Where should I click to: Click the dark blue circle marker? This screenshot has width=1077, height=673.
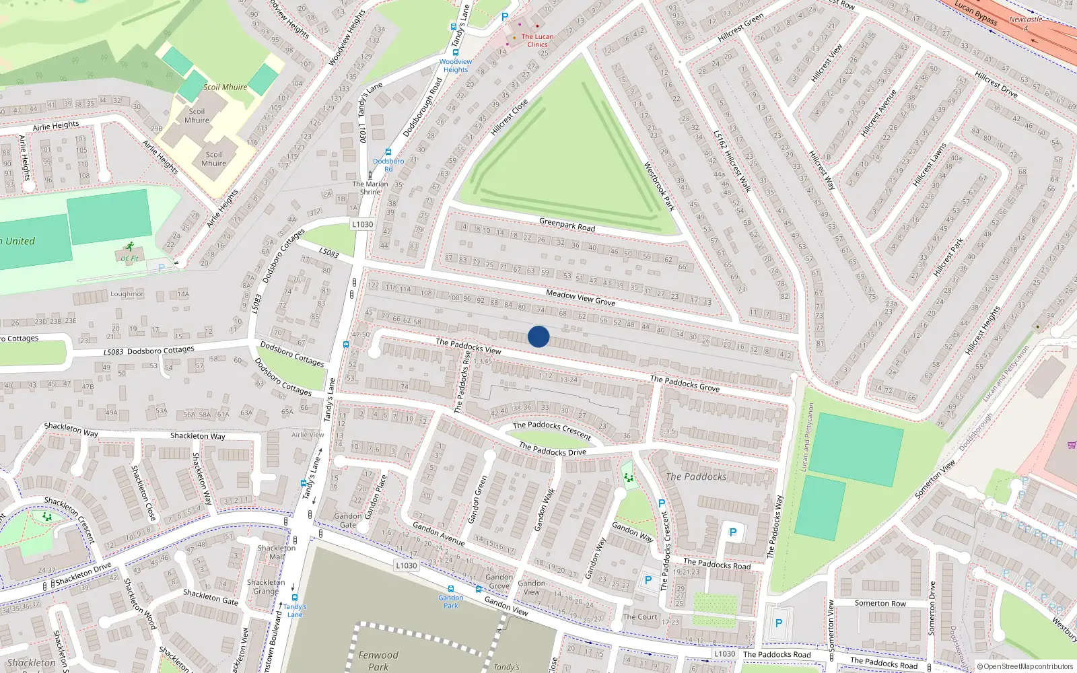538,336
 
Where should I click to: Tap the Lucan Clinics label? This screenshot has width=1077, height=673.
537,41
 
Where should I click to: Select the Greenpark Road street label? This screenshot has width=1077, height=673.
567,225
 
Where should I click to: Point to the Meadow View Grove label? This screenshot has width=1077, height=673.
580,297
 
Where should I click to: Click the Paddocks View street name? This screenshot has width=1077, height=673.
468,346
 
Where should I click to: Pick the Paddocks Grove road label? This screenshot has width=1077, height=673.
685,383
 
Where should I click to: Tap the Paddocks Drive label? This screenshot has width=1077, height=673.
552,449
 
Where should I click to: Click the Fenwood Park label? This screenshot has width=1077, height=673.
378,660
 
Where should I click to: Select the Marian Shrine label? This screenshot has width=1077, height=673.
370,188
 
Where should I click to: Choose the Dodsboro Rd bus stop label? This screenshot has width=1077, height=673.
388,165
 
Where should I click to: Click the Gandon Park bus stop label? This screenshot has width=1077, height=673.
450,601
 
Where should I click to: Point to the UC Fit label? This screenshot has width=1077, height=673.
129,258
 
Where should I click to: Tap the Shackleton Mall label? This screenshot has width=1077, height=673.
277,552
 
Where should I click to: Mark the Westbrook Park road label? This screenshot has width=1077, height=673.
659,186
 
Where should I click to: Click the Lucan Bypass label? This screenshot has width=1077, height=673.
976,13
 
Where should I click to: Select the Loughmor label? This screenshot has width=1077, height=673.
127,294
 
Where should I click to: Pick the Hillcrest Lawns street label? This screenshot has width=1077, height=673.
930,165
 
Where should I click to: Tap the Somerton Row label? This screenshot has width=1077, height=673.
880,603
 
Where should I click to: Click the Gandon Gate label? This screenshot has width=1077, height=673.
348,520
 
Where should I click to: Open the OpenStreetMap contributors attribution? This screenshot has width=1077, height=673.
1025,666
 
